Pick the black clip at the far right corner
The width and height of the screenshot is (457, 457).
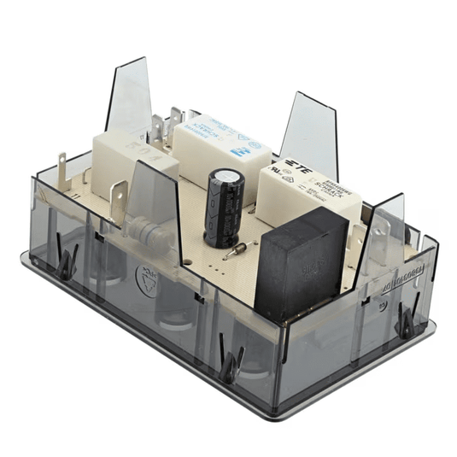pos(408,321)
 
